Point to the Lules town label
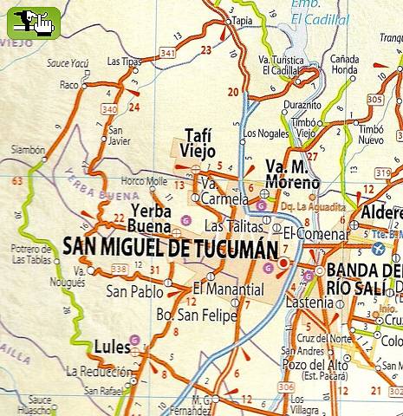pos(111,348)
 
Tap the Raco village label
pos(68,86)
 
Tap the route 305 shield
pos(374,100)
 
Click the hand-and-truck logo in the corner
pos(33,22)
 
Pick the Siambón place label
pos(27,150)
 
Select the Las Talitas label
pos(227,226)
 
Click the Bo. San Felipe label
pos(196,315)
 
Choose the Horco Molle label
pos(144,181)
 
